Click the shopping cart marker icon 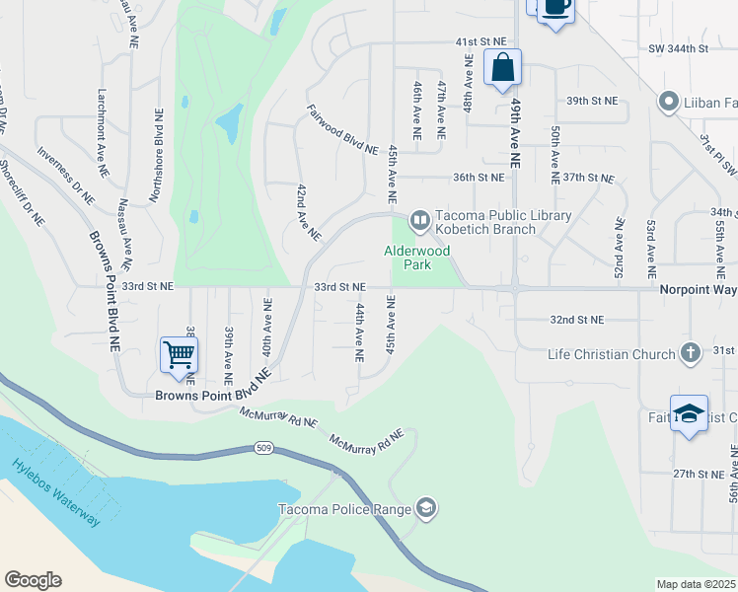tap(179, 354)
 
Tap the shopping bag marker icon tap(502, 68)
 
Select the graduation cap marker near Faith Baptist tap(689, 413)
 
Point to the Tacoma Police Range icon tap(426, 508)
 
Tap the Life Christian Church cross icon tap(691, 352)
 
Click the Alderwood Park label tap(416, 258)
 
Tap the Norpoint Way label tap(698, 289)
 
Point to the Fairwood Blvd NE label tap(342, 130)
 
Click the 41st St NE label tap(480, 43)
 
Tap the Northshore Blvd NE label tap(157, 157)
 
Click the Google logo tap(33, 580)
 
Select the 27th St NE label tap(700, 474)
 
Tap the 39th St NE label tap(591, 101)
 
